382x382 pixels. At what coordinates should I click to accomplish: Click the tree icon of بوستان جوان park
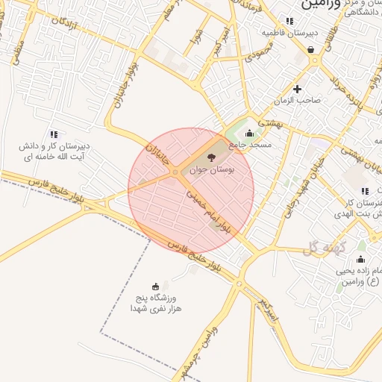pos(211,157)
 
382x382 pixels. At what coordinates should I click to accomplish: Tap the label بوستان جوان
pos(212,170)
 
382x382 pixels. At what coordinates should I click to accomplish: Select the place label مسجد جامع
pos(251,144)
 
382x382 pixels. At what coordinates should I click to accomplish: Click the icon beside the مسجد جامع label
pos(250,134)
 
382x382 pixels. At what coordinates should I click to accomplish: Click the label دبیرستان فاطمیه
pos(285,33)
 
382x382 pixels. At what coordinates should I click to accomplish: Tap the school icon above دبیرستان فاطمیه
pos(289,21)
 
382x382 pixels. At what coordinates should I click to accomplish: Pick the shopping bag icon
pos(310,50)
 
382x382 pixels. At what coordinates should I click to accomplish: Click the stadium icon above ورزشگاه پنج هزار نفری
pos(155,286)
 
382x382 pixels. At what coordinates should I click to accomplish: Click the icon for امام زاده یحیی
pos(361,259)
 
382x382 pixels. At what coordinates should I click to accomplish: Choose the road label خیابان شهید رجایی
pos(281,197)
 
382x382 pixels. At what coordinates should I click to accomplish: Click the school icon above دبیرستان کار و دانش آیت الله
pos(53,134)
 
